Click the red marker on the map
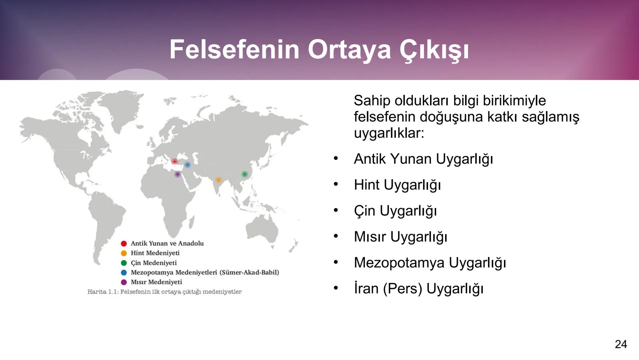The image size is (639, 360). click(175, 161)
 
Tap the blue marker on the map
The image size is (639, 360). click(188, 165)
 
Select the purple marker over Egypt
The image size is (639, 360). click(178, 174)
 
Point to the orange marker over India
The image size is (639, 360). click(218, 180)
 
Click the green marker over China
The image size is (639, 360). click(245, 174)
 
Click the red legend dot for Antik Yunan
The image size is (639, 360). click(124, 243)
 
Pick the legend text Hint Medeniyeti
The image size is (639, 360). click(155, 253)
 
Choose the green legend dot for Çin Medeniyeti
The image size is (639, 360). click(124, 263)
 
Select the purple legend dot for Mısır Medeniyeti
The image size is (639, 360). click(124, 282)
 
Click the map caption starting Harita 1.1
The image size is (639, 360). click(164, 292)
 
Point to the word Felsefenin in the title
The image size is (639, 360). click(234, 50)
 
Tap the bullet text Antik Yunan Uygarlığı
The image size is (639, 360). click(423, 159)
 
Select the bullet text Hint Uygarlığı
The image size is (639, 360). click(397, 185)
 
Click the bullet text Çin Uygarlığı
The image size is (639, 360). click(395, 211)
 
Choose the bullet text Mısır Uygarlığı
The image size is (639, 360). click(400, 237)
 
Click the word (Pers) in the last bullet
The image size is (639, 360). click(402, 289)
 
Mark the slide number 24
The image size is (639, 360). click(621, 344)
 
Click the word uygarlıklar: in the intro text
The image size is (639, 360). click(389, 133)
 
